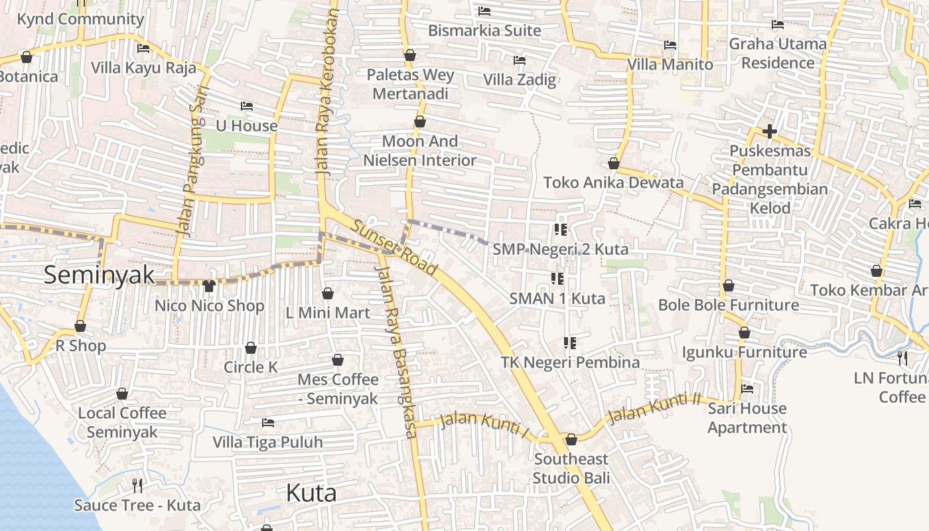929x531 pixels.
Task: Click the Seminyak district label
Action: tap(99, 274)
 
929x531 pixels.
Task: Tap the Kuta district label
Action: tap(311, 493)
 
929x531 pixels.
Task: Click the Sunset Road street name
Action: tap(394, 248)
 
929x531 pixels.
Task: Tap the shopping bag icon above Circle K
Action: tap(251, 348)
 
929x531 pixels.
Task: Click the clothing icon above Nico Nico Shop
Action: tap(209, 286)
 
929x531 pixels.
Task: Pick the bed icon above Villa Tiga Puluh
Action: tap(268, 422)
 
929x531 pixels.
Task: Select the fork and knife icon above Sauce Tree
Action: tap(137, 485)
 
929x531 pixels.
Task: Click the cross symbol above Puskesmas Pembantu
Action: tap(770, 131)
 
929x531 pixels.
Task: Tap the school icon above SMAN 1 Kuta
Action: tap(557, 278)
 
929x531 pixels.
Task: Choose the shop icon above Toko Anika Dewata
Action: tap(614, 163)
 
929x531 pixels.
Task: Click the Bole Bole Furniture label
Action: tap(729, 305)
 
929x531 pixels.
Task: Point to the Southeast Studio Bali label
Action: tap(571, 469)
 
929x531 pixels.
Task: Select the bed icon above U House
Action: tap(247, 106)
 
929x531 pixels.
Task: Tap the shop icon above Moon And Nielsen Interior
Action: tap(419, 122)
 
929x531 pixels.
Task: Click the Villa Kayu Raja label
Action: tap(143, 68)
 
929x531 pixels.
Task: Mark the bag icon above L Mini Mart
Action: tap(328, 293)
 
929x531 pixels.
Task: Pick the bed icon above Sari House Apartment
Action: tap(747, 389)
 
